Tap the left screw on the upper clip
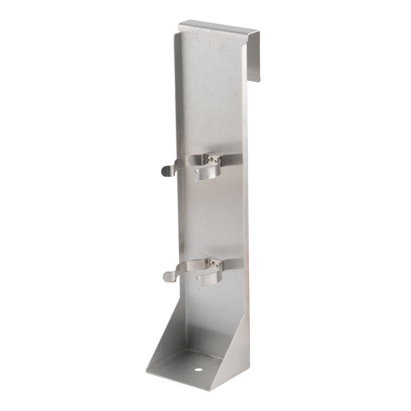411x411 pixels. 210,159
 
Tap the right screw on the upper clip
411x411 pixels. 216,161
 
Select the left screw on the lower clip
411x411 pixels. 211,263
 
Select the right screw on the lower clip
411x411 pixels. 217,265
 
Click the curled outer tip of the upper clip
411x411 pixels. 165,171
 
